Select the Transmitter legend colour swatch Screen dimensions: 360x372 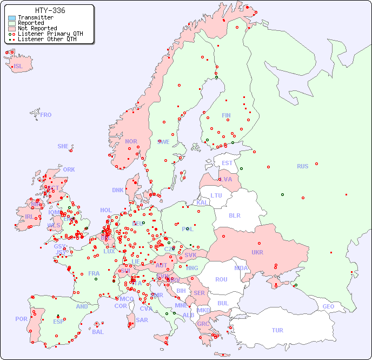(x=12, y=18)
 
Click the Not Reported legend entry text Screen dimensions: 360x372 (x=37, y=28)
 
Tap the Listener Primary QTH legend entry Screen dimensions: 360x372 (x=50, y=34)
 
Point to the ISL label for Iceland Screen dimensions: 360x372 (x=18, y=67)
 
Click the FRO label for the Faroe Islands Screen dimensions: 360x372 (x=46, y=115)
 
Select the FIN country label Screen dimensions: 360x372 (x=226, y=115)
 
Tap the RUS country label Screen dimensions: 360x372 (x=302, y=166)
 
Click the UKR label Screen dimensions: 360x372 (x=257, y=252)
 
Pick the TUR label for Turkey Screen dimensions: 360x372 (x=277, y=330)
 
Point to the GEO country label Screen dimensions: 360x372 (x=328, y=306)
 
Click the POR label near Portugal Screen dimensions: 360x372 (x=21, y=319)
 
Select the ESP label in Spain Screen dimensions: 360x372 (x=58, y=322)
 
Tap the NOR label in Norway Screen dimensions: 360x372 (x=131, y=141)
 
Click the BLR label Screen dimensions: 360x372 (x=234, y=215)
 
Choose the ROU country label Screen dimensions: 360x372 (x=221, y=279)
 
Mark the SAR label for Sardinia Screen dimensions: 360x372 (x=142, y=320)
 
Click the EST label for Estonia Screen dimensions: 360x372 (x=227, y=163)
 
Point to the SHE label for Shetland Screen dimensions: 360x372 (x=63, y=146)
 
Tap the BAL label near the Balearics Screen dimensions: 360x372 (x=97, y=332)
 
